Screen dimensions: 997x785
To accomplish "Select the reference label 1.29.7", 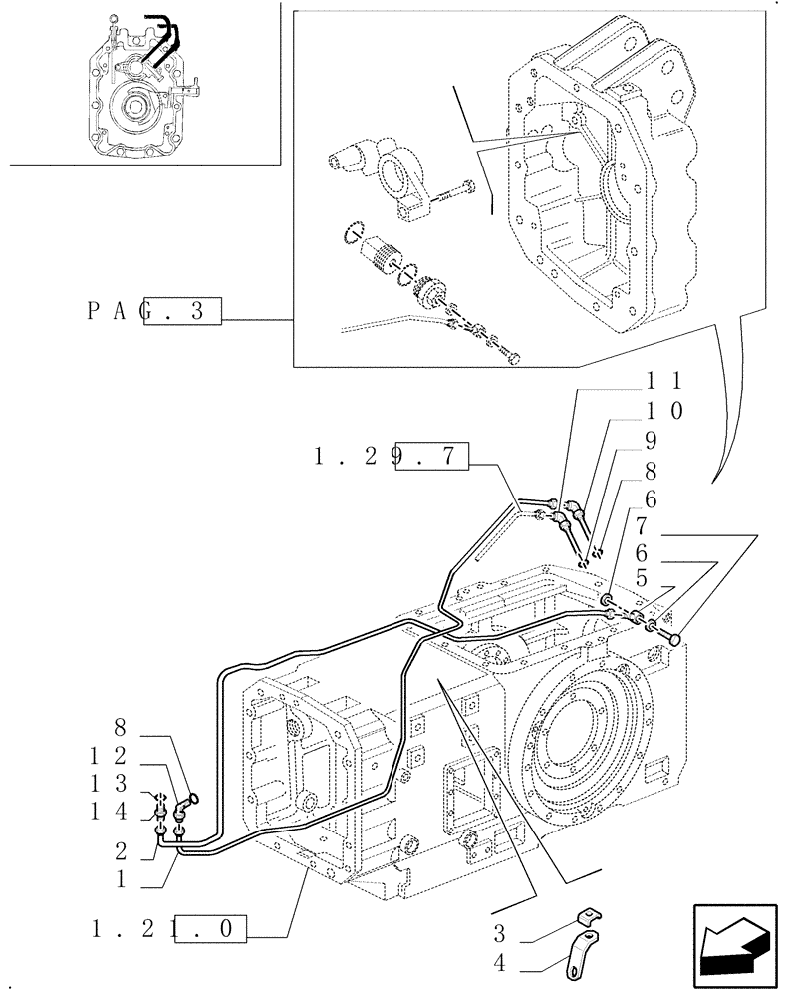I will tap(390, 457).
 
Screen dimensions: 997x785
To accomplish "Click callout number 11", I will tap(664, 380).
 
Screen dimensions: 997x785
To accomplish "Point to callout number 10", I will tap(664, 409).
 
